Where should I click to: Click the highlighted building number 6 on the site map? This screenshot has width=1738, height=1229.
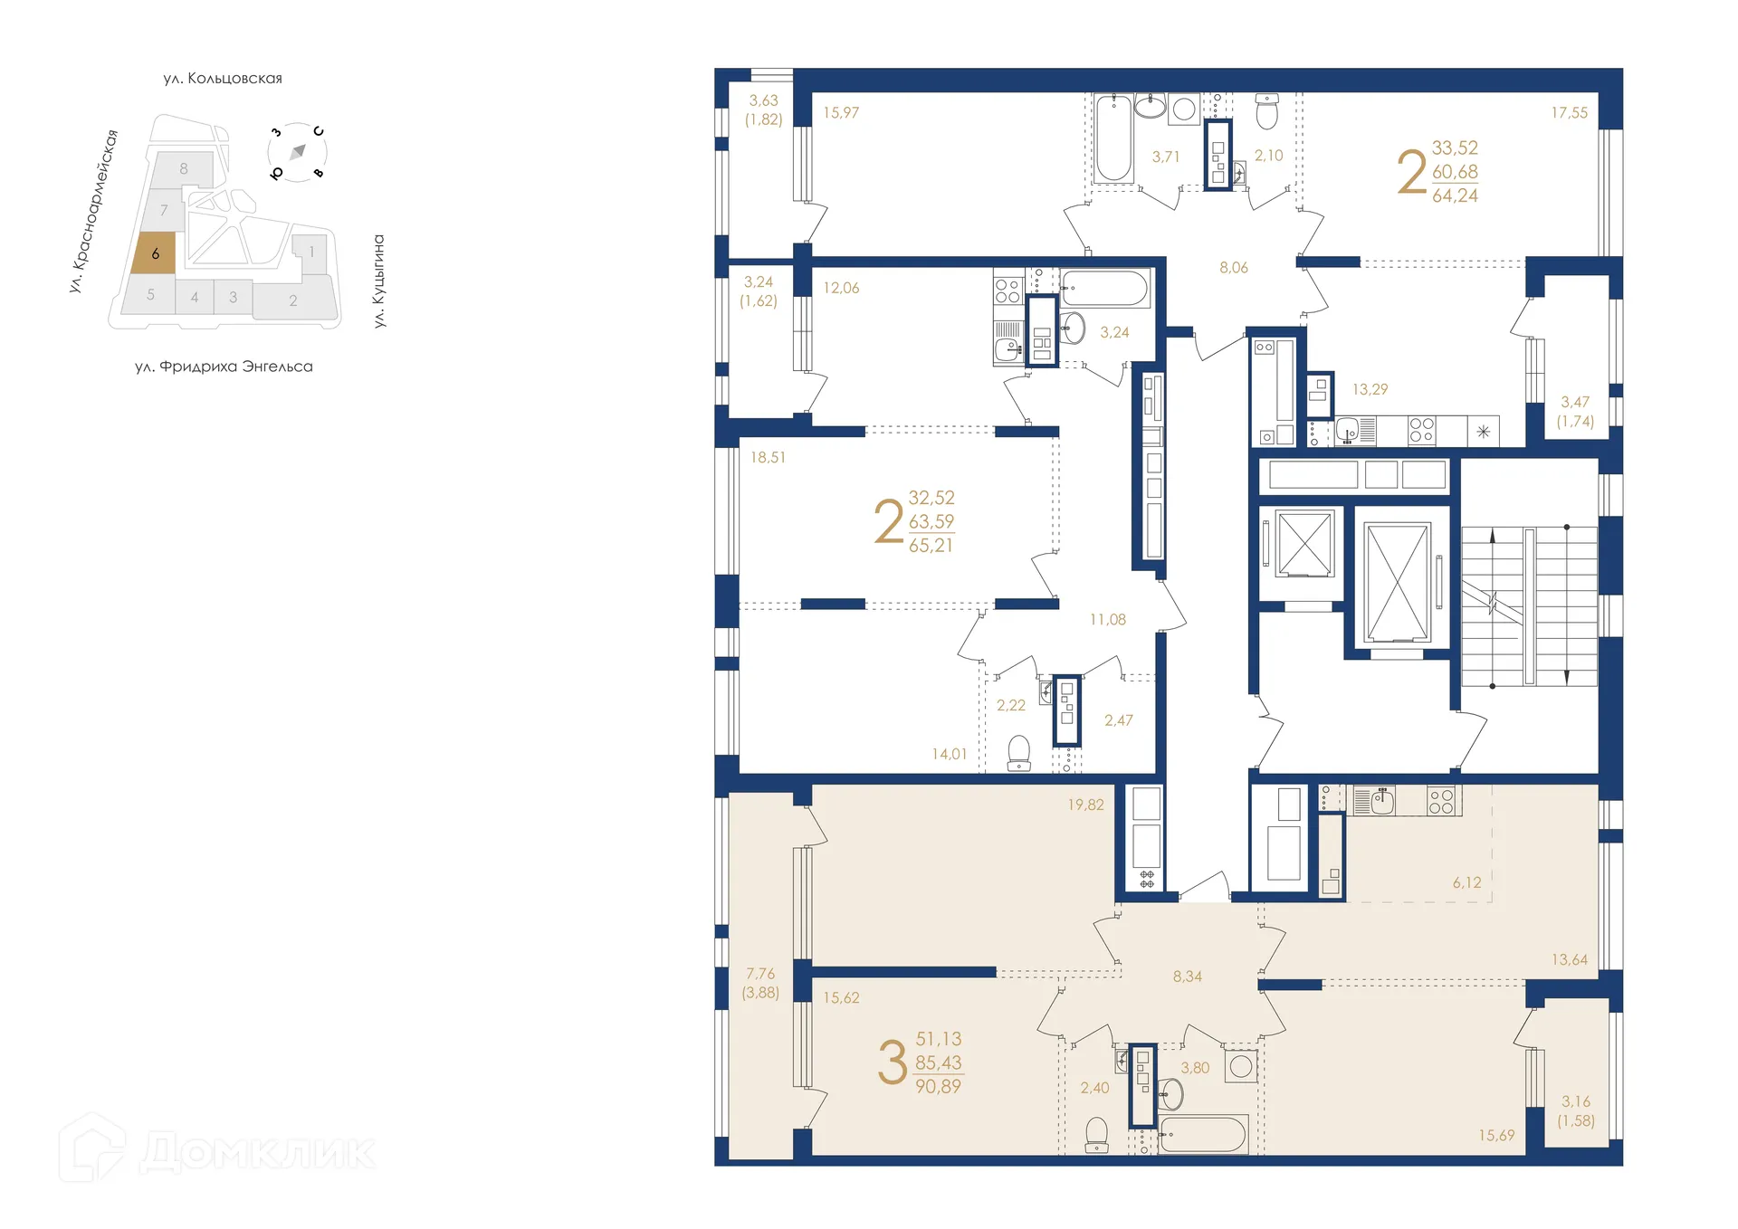coord(155,253)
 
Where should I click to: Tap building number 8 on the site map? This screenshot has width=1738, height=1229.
coord(184,168)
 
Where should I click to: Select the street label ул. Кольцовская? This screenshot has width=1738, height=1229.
coord(223,79)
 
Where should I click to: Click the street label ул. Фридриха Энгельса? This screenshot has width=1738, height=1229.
coord(224,367)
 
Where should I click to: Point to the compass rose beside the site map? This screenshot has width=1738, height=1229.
coord(297,152)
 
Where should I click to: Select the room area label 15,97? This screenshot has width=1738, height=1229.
coord(840,113)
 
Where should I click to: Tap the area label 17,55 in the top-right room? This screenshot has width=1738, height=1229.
coord(1569,113)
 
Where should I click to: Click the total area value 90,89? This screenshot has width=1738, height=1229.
coord(938,1087)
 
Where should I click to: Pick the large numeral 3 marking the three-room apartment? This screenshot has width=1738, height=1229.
coord(892,1062)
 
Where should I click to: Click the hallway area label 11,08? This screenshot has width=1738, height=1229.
coord(1107,620)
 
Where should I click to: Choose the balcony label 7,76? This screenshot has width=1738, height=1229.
coord(760,974)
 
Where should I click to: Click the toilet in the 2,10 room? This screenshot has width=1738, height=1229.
coord(1266,114)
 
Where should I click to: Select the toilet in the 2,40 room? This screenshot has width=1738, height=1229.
coord(1096,1134)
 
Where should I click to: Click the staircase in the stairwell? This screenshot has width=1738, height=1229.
coord(1529,606)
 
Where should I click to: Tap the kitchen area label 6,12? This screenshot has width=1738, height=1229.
coord(1466,882)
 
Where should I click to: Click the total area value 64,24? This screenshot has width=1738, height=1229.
coord(1455,195)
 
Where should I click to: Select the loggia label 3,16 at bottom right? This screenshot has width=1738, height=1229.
coord(1575,1101)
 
